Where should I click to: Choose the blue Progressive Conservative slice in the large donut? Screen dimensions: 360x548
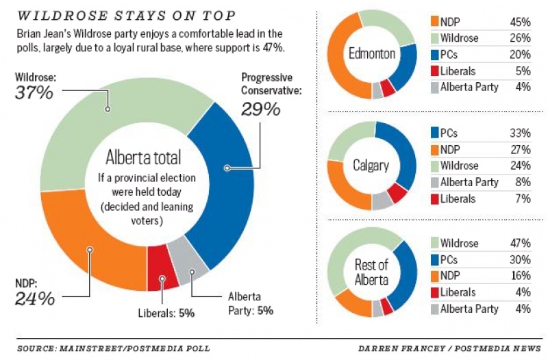(x=231, y=185)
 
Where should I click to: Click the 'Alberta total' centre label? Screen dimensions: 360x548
(x=143, y=158)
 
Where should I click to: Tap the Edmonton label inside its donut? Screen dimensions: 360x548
(x=372, y=54)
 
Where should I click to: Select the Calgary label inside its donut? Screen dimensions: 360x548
(x=372, y=165)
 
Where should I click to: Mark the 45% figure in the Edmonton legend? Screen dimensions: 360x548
(x=520, y=22)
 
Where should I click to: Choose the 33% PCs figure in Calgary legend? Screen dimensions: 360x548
(x=520, y=133)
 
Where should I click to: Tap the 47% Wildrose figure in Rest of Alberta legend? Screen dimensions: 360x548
(x=520, y=243)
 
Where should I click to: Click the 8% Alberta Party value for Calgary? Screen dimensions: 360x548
(x=523, y=182)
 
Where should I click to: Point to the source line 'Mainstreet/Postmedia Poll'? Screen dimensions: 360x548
(x=113, y=348)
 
